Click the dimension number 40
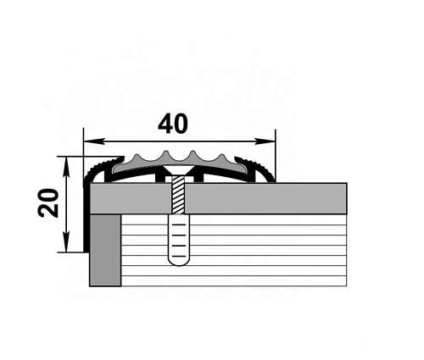click(x=173, y=124)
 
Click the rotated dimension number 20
click(x=48, y=202)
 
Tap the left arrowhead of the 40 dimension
click(x=94, y=141)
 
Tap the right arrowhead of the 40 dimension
click(x=265, y=141)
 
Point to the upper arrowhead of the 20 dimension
click(x=66, y=167)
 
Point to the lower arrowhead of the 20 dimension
click(x=66, y=241)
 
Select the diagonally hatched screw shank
click(x=178, y=195)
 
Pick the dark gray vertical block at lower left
click(x=105, y=251)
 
